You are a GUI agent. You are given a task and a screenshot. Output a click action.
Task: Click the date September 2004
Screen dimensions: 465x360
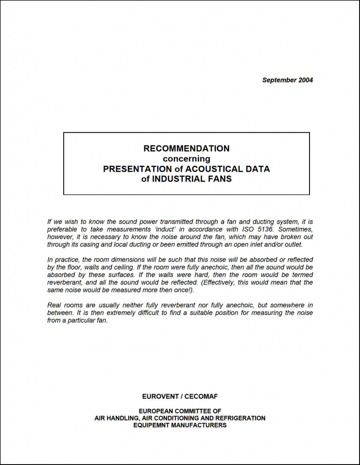point(287,80)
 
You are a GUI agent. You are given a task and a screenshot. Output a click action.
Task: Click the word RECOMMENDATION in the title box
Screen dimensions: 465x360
point(186,148)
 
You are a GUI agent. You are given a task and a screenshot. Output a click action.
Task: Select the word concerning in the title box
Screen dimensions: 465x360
point(186,159)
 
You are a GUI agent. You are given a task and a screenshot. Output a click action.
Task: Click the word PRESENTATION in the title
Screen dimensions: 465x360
point(132,169)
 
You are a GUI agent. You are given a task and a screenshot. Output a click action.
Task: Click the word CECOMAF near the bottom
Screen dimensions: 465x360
point(201,396)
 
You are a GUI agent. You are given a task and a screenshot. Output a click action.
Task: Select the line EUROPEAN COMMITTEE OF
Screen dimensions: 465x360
point(180,411)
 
